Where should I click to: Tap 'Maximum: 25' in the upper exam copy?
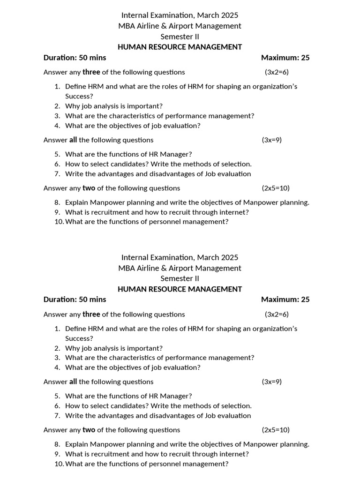[x=285, y=58]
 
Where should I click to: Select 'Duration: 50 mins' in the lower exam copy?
[x=75, y=300]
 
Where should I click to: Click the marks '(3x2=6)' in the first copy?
[x=277, y=72]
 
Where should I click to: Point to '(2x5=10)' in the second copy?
[x=276, y=430]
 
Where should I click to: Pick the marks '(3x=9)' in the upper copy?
[x=271, y=140]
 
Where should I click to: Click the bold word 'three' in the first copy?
[x=91, y=72]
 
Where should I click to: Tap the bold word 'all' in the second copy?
[x=73, y=382]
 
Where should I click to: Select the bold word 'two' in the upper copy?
[x=89, y=188]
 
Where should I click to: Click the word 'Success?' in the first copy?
[x=79, y=96]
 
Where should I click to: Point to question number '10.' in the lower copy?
[x=59, y=464]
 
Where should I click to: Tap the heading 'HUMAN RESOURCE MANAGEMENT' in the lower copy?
[x=180, y=289]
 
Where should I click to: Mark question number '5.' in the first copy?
[x=57, y=154]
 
